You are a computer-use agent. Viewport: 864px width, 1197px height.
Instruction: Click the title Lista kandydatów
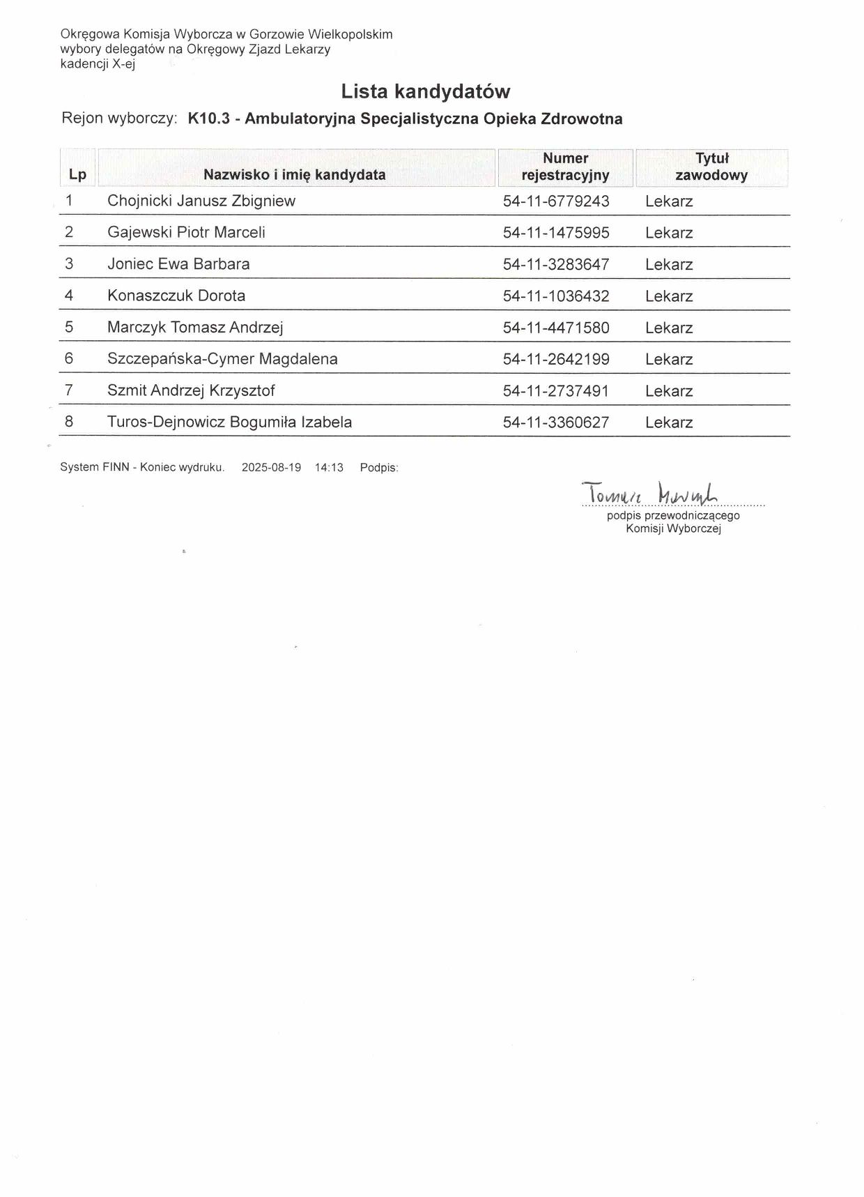coord(425,91)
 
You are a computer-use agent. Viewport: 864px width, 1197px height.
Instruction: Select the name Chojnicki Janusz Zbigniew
coord(201,201)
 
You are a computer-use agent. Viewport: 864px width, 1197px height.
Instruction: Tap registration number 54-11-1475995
coord(556,233)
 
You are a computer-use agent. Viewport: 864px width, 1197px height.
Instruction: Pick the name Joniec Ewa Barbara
coord(178,264)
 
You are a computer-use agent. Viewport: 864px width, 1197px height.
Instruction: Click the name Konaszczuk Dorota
coord(176,296)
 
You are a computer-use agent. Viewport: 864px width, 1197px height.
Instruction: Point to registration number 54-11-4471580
coord(556,328)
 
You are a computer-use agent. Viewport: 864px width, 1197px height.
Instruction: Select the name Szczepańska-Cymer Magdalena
coord(222,359)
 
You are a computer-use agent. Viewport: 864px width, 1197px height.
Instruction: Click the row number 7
coord(69,390)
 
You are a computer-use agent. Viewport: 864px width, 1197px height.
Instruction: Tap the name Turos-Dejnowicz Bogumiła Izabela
coord(229,422)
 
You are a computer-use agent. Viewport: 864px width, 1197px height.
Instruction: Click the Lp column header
coord(77,175)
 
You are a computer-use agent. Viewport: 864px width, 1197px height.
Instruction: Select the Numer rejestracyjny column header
coord(565,167)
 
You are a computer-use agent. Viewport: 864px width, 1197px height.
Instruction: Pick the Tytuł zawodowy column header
coord(711,167)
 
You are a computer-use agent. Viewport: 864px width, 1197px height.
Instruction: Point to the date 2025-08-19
coord(271,468)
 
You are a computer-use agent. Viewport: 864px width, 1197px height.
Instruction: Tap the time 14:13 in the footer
coord(329,468)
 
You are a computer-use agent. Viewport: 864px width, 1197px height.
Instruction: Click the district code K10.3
coord(208,119)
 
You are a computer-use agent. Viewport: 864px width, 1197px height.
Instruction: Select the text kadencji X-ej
coord(98,64)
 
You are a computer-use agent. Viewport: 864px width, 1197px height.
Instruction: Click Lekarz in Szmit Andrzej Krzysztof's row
coord(669,391)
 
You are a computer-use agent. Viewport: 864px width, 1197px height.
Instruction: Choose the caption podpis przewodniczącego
coord(673,516)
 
